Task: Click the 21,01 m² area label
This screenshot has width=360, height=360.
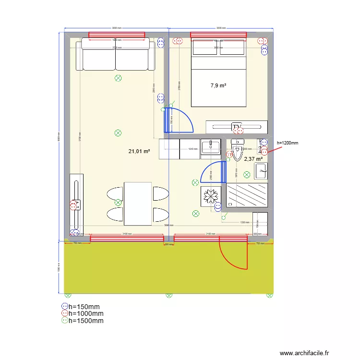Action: (139, 151)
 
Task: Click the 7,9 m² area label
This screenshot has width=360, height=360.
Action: (218, 86)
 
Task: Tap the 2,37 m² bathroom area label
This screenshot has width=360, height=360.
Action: (253, 159)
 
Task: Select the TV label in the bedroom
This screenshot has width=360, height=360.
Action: (237, 127)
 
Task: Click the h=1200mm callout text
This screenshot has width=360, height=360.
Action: (288, 143)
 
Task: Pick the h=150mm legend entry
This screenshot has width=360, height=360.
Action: (84, 306)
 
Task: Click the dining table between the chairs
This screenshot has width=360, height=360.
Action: (138, 203)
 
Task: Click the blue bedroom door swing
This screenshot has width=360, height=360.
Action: (180, 120)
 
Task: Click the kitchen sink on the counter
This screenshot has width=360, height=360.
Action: (210, 147)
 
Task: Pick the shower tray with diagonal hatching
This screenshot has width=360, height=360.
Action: (247, 195)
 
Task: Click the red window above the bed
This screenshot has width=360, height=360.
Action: (218, 35)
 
